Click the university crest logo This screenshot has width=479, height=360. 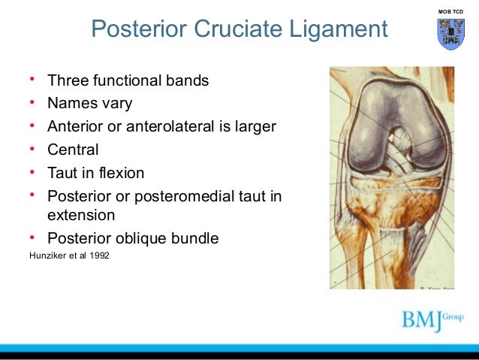[450, 34]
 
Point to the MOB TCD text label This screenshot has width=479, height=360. [450, 11]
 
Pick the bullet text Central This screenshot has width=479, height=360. [73, 150]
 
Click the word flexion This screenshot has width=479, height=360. [120, 173]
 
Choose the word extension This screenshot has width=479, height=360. [81, 215]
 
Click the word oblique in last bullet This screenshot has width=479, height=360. [136, 239]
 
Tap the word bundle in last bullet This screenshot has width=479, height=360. [191, 239]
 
